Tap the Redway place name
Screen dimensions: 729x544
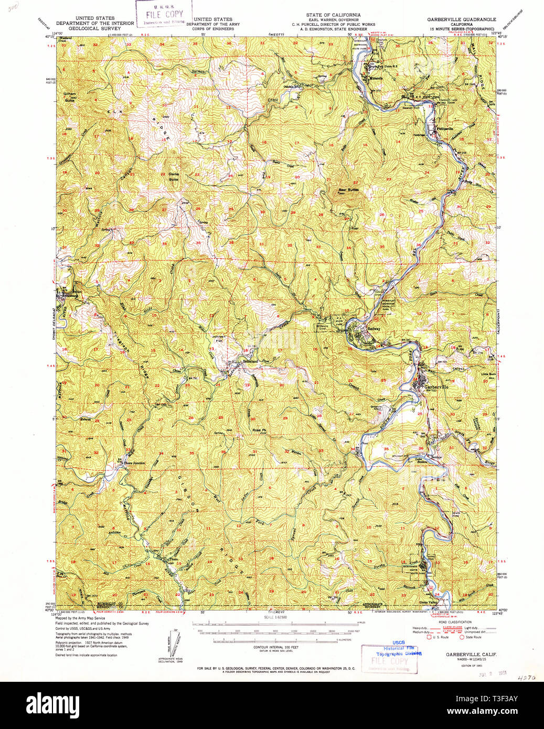374,329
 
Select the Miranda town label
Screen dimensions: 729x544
375,78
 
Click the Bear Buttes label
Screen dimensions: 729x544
348,189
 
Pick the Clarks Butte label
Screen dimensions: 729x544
173,176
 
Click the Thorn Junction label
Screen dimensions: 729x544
133,463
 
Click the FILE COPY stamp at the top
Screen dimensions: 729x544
164,14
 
